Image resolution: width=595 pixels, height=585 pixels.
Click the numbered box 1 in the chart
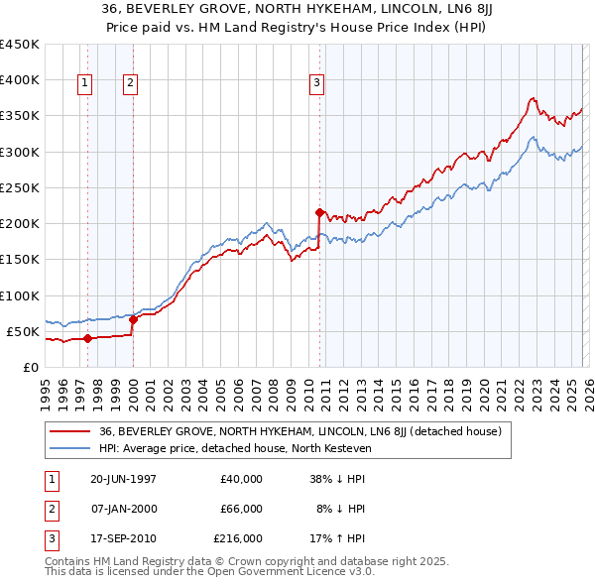coord(85,84)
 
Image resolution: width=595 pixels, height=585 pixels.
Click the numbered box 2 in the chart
coord(130,84)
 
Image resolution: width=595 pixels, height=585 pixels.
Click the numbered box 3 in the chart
coord(316,84)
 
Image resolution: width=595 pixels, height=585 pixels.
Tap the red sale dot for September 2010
coord(319,211)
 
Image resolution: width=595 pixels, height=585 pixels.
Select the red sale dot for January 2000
coord(133,319)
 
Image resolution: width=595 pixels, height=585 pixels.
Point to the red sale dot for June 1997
coord(88,338)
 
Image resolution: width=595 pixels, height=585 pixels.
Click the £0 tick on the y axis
coord(31,368)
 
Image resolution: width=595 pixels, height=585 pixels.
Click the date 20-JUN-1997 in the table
coord(123,479)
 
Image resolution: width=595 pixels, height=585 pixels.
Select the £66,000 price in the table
coord(242,509)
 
